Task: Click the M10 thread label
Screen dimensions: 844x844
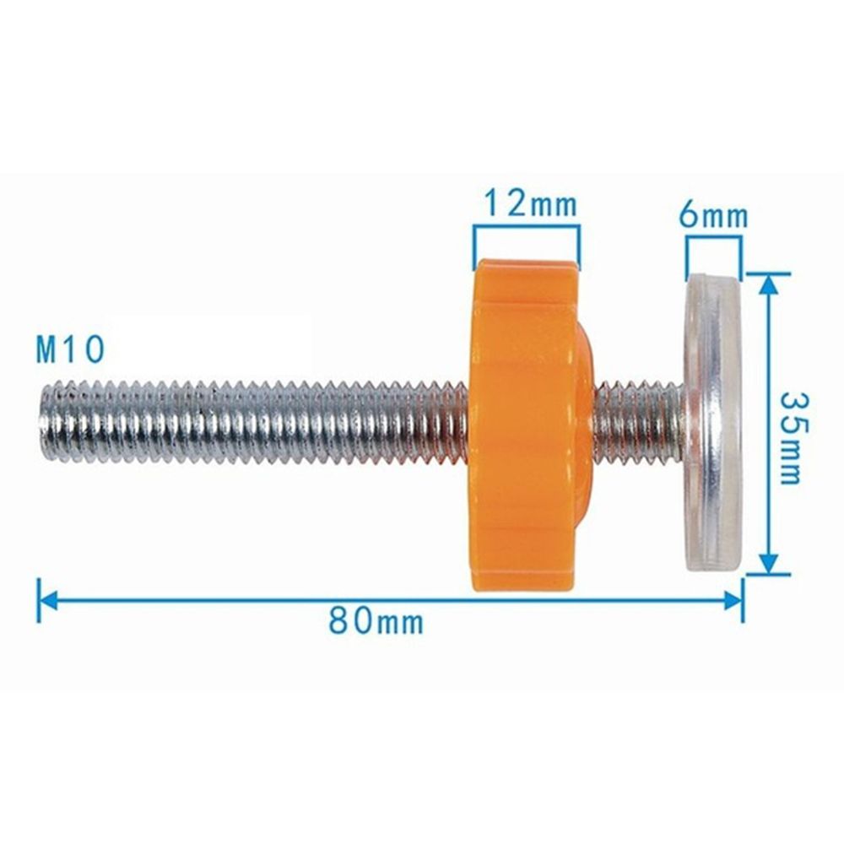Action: (x=69, y=349)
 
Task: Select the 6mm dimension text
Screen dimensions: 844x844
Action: (x=713, y=216)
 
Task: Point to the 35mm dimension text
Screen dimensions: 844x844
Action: (x=790, y=436)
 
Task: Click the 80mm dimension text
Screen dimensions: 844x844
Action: (x=375, y=622)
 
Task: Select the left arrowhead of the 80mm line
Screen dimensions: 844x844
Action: (x=46, y=600)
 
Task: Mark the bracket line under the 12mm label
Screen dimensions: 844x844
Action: (x=527, y=226)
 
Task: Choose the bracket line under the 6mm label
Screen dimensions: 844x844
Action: (x=714, y=239)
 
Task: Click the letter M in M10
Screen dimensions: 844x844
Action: (x=48, y=349)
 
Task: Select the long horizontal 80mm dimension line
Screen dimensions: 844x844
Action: (x=253, y=600)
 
